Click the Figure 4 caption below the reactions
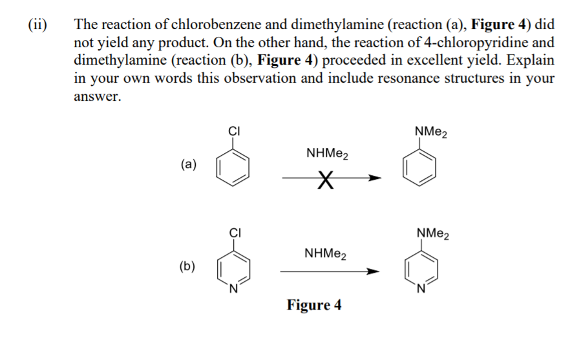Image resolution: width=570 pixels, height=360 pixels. tap(314, 304)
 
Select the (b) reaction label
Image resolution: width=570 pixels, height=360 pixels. tap(188, 265)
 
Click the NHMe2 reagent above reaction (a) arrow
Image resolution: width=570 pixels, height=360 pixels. tap(326, 154)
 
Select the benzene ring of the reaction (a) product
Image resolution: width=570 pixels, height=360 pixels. tap(421, 170)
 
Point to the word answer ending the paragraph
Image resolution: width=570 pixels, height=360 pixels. tap(97, 97)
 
